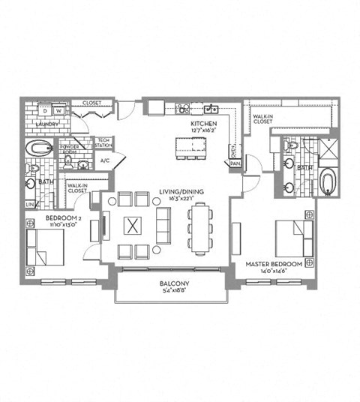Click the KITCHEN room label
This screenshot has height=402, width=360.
pyautogui.click(x=204, y=122)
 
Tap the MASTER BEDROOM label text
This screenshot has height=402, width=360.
pyautogui.click(x=274, y=265)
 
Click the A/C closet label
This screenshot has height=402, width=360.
pyautogui.click(x=105, y=160)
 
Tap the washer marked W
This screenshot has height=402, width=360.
pyautogui.click(x=57, y=111)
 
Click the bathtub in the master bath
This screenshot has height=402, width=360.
pyautogui.click(x=328, y=182)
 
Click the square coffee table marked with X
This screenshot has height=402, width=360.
pyautogui.click(x=133, y=225)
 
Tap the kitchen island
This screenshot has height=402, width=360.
pyautogui.click(x=191, y=145)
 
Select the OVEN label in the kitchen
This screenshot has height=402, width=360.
pyautogui.click(x=232, y=147)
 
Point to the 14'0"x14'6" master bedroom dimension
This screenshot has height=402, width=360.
pyautogui.click(x=274, y=273)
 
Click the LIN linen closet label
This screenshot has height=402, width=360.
pyautogui.click(x=29, y=204)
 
